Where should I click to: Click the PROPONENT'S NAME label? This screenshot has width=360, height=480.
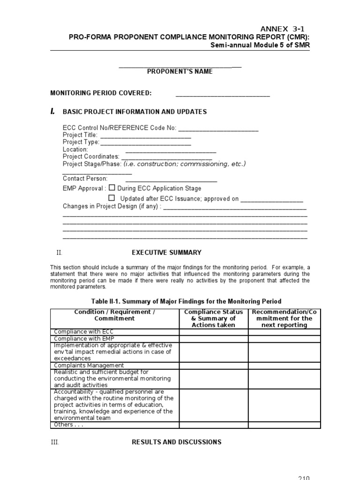tap(180, 72)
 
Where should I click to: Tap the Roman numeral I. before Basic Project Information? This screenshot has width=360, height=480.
tap(53, 112)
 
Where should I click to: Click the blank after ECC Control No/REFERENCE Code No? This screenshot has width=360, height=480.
tap(218, 128)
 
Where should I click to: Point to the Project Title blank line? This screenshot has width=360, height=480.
tap(145, 135)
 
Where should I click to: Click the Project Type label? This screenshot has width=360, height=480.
tap(81, 142)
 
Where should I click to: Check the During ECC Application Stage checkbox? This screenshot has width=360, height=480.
tap(112, 187)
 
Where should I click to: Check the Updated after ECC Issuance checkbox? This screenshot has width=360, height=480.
tap(112, 198)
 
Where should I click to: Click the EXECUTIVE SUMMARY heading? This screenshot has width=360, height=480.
tap(166, 252)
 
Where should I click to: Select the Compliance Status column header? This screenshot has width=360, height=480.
tap(214, 318)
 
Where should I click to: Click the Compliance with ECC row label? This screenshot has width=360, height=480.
tap(77, 332)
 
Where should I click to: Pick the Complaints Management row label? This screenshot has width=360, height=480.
tap(89, 365)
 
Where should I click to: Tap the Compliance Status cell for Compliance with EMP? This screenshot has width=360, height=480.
tap(214, 339)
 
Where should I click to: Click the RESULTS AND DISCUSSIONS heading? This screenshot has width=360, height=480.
tap(177, 442)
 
